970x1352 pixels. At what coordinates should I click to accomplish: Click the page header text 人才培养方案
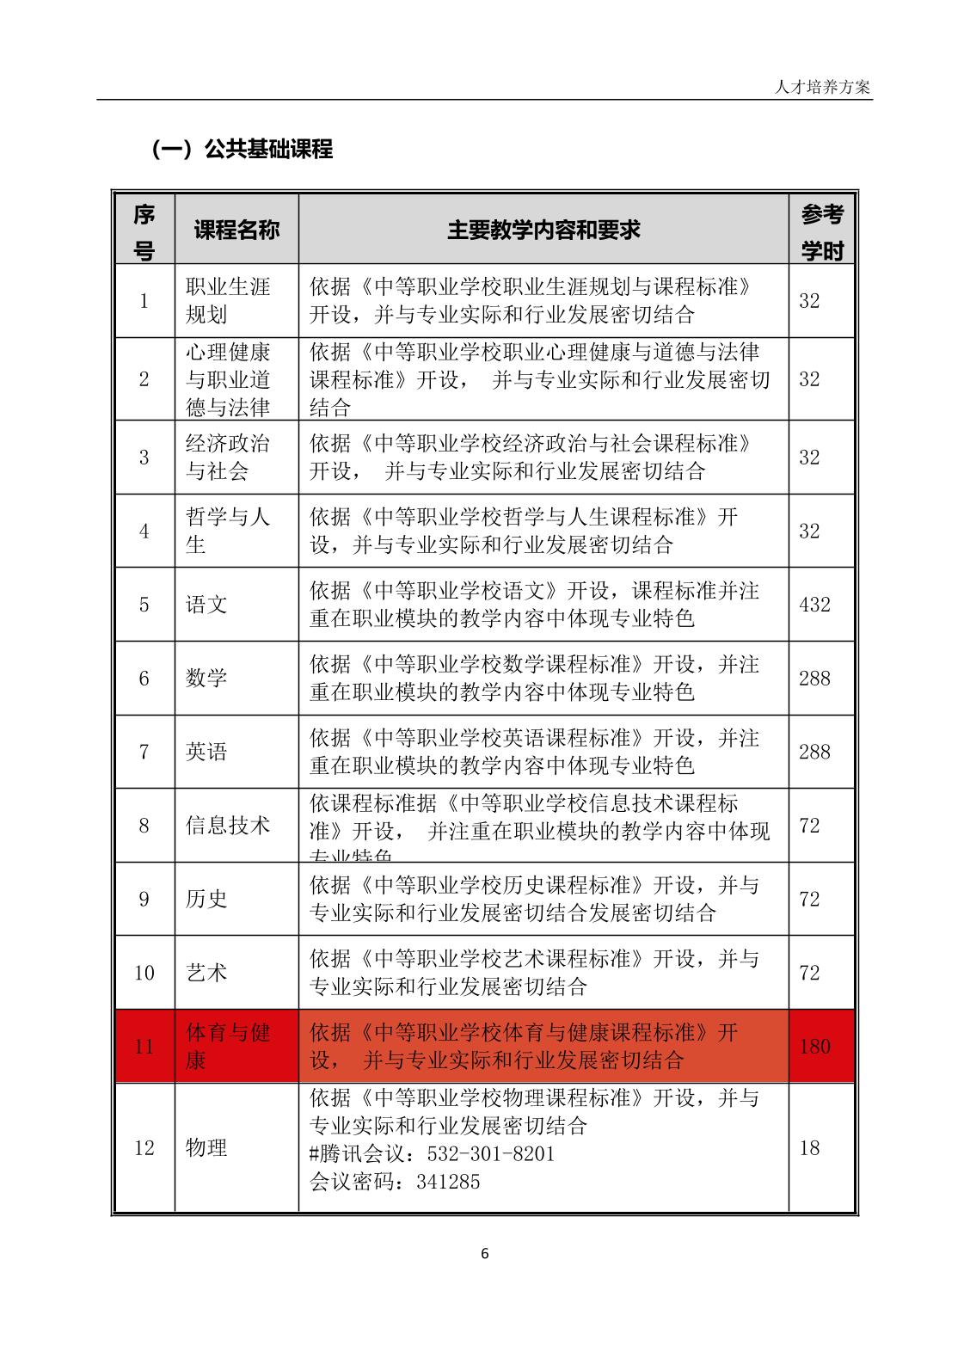point(822,88)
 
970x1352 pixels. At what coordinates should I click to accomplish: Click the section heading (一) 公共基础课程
point(242,150)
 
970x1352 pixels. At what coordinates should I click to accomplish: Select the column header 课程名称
point(236,230)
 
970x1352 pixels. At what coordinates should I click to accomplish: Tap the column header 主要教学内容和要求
point(543,230)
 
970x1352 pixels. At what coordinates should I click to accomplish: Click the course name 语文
point(206,605)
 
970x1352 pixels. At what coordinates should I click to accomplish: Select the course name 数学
point(206,679)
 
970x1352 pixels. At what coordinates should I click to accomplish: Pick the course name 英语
point(206,753)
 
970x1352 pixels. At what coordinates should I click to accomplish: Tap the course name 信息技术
point(228,826)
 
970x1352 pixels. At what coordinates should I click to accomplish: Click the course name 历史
point(206,900)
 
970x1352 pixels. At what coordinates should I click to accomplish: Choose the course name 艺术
point(206,974)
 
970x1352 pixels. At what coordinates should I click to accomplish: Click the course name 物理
point(206,1148)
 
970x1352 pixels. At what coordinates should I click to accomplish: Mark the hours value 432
point(814,605)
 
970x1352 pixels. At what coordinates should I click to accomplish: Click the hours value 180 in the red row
point(814,1047)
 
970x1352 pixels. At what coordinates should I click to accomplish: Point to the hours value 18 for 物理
point(809,1148)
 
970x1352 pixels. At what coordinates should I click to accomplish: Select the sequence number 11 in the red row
point(144,1047)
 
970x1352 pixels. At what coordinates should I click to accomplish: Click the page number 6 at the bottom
point(484,1254)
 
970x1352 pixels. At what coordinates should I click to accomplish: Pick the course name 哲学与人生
point(227,531)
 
